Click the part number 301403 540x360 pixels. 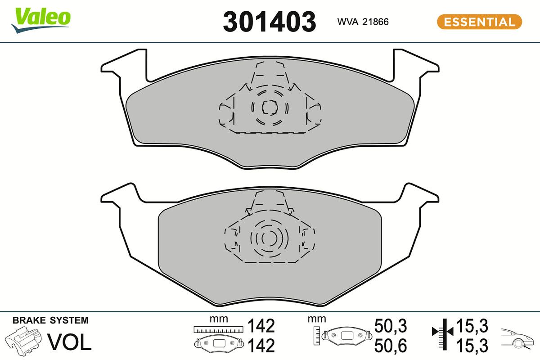pyautogui.click(x=270, y=21)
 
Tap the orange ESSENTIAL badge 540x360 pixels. pyautogui.click(x=479, y=22)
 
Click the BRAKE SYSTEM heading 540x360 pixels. pyautogui.click(x=50, y=321)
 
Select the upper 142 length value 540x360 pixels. pyautogui.click(x=261, y=325)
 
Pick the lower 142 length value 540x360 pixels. pyautogui.click(x=261, y=346)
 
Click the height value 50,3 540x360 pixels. pyautogui.click(x=391, y=325)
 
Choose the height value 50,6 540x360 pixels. pyautogui.click(x=391, y=346)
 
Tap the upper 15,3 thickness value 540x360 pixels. pyautogui.click(x=472, y=325)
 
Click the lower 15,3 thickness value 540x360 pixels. pyautogui.click(x=472, y=346)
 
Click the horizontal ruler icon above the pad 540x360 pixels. pyautogui.click(x=217, y=329)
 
